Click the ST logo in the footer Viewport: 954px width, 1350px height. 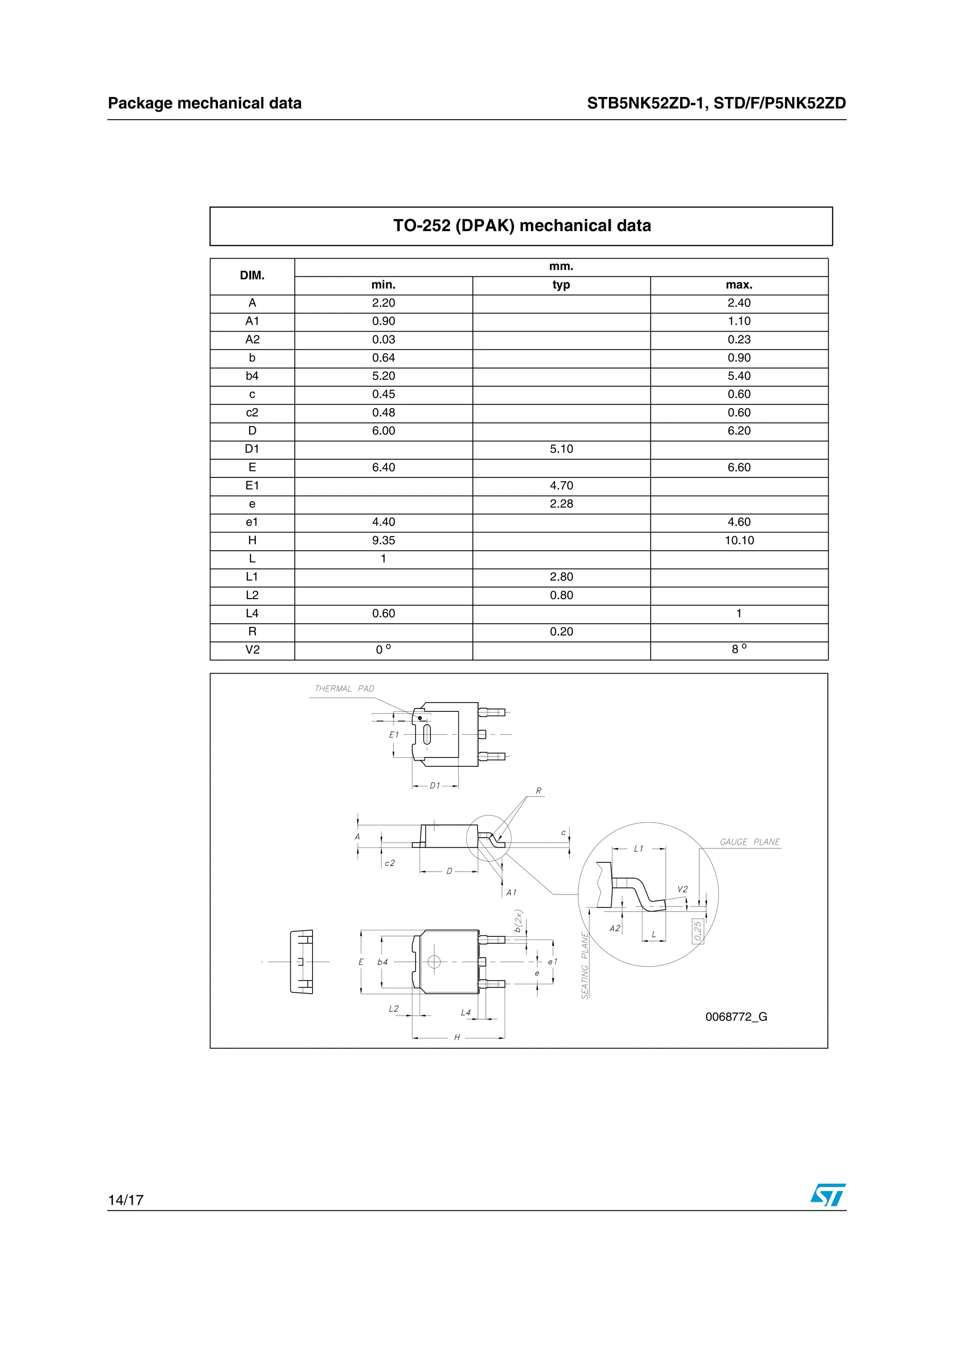(x=828, y=1195)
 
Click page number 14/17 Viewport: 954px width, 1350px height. (x=126, y=1200)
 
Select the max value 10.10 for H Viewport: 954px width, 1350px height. (x=739, y=540)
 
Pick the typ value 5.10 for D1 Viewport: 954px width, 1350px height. (x=561, y=449)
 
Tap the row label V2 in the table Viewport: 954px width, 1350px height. (x=252, y=650)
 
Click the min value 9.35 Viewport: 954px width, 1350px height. (x=383, y=540)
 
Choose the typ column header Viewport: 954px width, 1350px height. (x=561, y=285)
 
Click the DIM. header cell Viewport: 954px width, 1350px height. (x=252, y=276)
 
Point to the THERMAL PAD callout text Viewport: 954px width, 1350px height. (x=344, y=689)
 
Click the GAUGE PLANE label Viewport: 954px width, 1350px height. (x=750, y=842)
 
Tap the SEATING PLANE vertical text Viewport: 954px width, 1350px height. (x=585, y=965)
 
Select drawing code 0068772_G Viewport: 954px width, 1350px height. (x=736, y=1016)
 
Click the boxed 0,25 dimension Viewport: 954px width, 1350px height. (x=698, y=931)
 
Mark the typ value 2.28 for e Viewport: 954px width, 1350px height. (x=561, y=504)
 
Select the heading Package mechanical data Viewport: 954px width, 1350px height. (x=204, y=103)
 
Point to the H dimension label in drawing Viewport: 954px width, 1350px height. (x=457, y=1037)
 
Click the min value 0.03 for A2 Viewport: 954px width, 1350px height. (x=383, y=340)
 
